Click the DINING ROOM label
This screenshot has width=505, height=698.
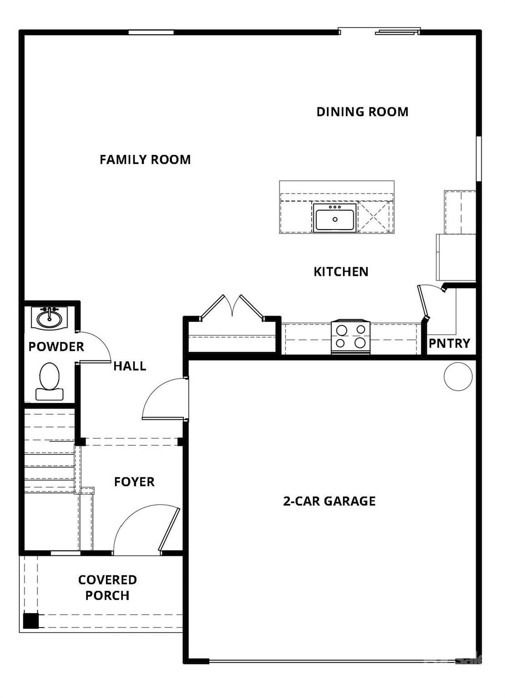point(362,112)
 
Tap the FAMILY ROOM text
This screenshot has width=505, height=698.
point(145,160)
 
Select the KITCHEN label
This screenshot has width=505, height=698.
point(341,272)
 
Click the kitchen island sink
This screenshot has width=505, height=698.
point(335,218)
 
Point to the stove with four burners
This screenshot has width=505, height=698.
point(350,337)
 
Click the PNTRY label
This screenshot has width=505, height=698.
point(449,343)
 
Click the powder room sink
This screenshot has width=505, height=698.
point(49,318)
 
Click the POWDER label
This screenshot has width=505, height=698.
point(56,347)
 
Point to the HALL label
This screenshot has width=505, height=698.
point(130,366)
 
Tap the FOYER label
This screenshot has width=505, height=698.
point(134,482)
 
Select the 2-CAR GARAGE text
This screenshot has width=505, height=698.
point(329,501)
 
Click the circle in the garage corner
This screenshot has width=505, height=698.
point(458,377)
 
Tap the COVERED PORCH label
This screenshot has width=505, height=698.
point(107,588)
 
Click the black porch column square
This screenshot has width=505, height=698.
point(31,620)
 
